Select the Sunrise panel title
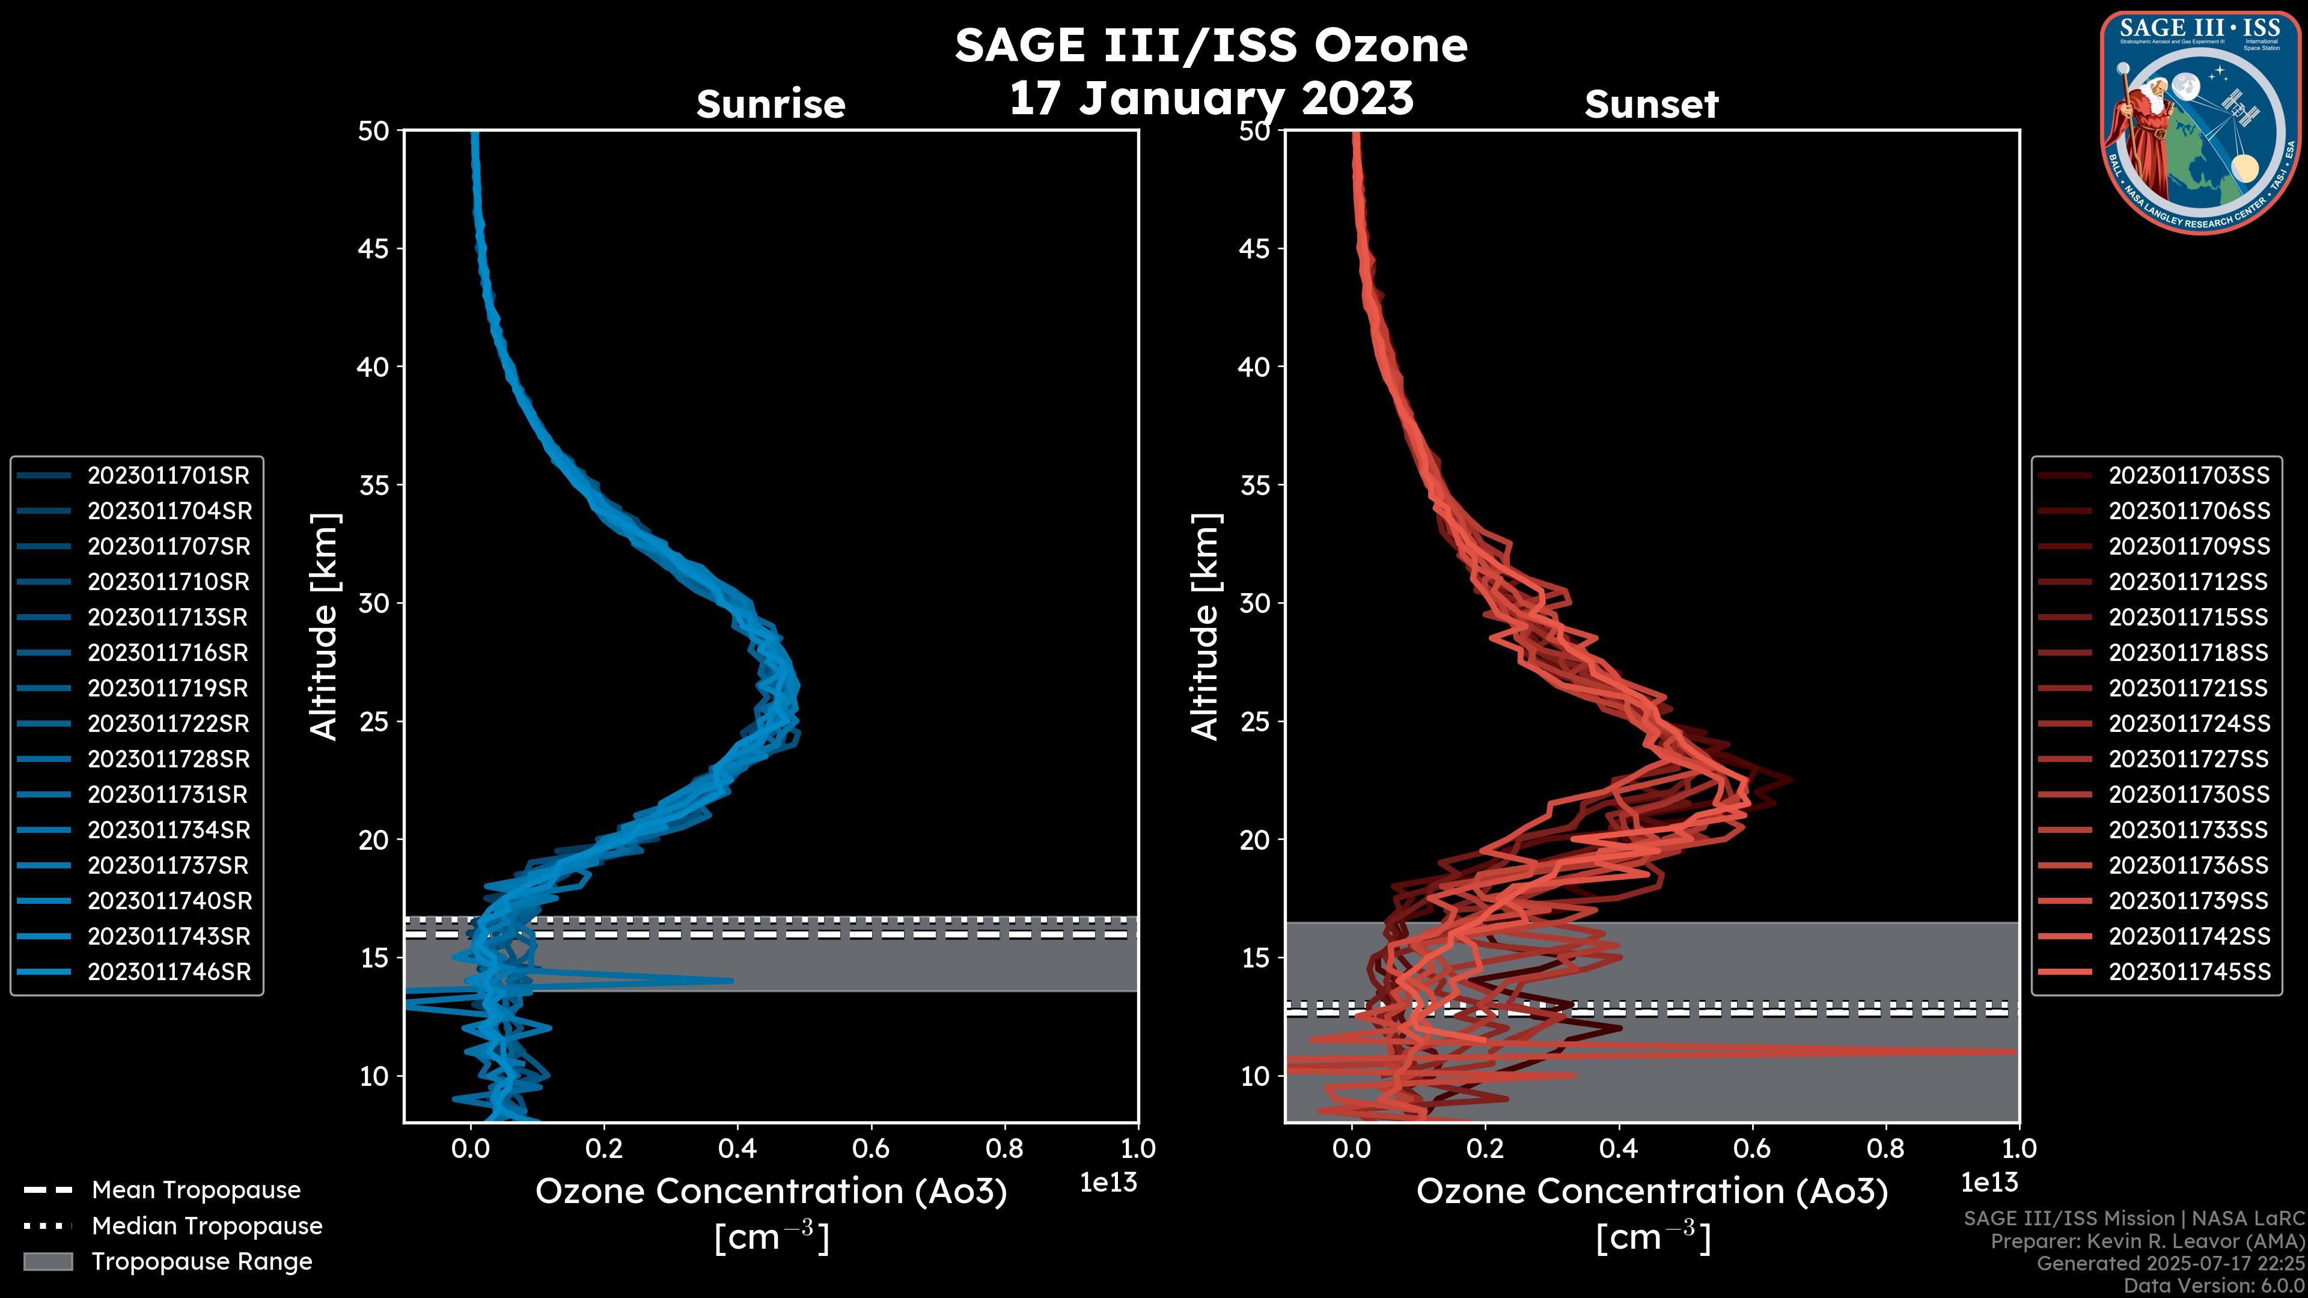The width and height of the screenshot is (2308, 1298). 771,105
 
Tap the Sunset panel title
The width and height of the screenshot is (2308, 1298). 1651,105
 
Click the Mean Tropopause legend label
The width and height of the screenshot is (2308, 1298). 196,1190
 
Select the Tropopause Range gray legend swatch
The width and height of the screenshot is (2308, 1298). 48,1261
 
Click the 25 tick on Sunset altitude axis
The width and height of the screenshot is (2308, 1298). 1255,722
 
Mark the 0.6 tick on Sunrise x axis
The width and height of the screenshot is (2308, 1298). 871,1148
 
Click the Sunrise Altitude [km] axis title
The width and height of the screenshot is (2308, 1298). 325,627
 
